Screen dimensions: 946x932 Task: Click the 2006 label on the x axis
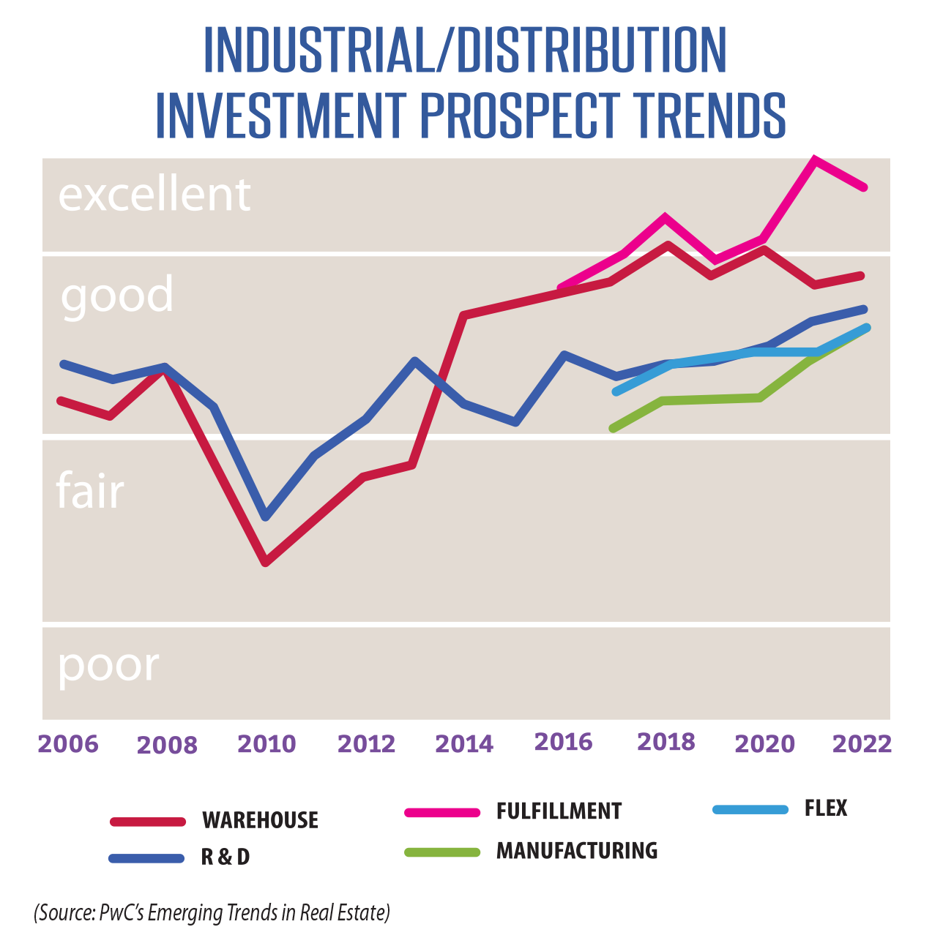67,743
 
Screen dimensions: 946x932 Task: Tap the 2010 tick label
266,744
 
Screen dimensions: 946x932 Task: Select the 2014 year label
464,744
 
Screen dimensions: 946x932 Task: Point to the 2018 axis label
666,742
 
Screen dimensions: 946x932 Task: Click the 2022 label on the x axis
862,743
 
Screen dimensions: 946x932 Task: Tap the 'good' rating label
117,295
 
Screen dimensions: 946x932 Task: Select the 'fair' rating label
90,490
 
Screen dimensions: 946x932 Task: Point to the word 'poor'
108,665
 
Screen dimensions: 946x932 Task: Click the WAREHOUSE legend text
260,820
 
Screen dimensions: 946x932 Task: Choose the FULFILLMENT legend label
559,811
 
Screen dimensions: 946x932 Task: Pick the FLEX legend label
826,808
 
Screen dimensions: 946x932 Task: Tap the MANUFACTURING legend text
577,851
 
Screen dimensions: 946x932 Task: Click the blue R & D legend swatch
146,858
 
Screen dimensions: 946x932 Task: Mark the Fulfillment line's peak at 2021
814,159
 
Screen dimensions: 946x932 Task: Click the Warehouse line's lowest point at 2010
266,562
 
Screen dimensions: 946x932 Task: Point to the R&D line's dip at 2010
266,516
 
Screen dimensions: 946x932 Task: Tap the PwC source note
212,913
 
